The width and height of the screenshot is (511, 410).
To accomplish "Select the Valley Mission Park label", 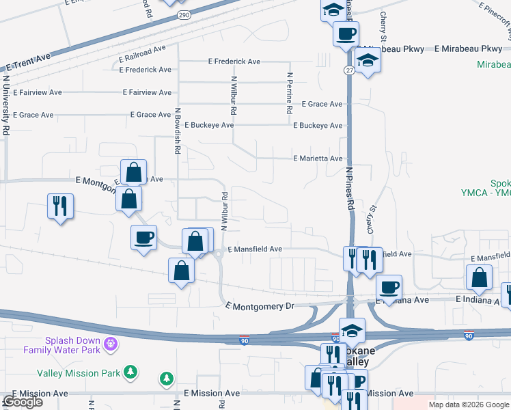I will pyautogui.click(x=79, y=373).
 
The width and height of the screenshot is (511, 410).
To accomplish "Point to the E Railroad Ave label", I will pyautogui.click(x=142, y=50).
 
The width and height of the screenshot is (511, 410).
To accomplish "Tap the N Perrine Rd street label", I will pyautogui.click(x=290, y=93).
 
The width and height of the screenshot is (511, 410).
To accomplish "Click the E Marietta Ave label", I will pyautogui.click(x=318, y=159).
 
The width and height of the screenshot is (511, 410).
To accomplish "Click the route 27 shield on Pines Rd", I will pyautogui.click(x=348, y=70).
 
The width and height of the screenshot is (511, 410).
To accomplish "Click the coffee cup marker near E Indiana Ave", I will pyautogui.click(x=389, y=288).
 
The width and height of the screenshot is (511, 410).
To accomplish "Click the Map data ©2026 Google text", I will pyautogui.click(x=468, y=405).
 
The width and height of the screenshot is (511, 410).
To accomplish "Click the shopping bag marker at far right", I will pyautogui.click(x=479, y=277).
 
